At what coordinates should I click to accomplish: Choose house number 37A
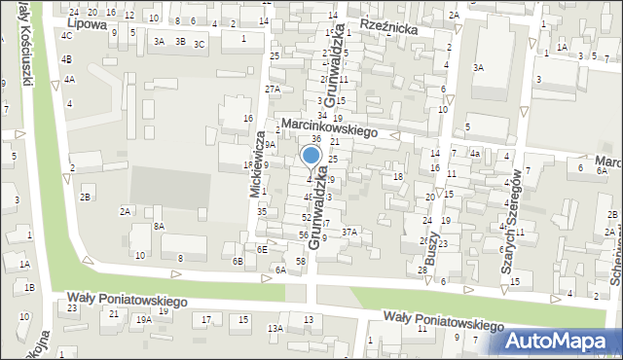coord(349,232)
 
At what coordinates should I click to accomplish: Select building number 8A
coord(159,226)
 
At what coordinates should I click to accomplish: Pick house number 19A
coord(143,319)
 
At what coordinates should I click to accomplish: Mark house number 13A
coord(275,329)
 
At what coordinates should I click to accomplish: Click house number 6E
coord(262,249)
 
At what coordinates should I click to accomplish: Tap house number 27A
coord(273,89)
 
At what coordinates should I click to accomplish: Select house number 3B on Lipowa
coord(180,41)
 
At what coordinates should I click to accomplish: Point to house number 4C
coord(66,35)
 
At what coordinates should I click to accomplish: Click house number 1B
coord(29,287)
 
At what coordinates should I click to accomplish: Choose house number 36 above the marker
coord(316,139)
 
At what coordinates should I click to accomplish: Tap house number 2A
coord(125,211)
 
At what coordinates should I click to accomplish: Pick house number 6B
coord(238,261)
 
